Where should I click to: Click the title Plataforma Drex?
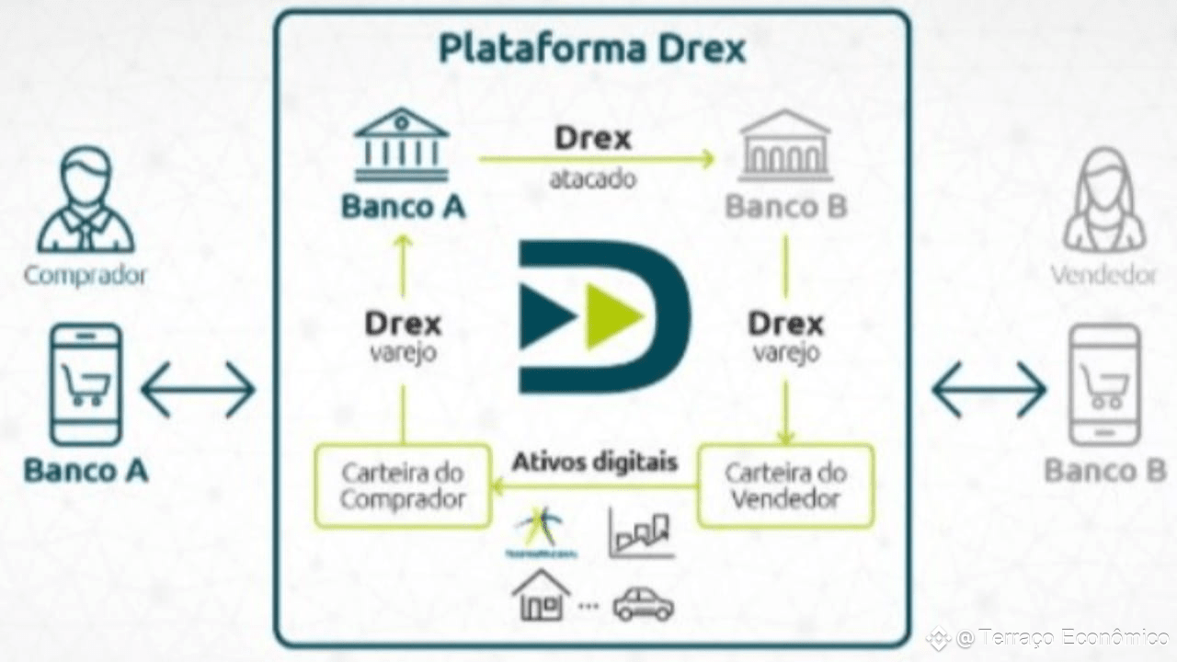click(x=592, y=48)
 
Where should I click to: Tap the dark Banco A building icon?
click(x=401, y=144)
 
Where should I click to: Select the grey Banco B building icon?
click(x=784, y=145)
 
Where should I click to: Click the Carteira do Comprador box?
click(x=403, y=486)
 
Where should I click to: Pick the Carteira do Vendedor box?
click(x=785, y=486)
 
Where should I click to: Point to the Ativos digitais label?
click(x=595, y=460)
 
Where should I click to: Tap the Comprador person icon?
click(x=86, y=201)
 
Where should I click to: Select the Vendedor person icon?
click(x=1103, y=201)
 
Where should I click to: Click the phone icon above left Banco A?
click(x=86, y=384)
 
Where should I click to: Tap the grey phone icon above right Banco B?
click(x=1104, y=384)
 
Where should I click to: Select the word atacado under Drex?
click(x=592, y=178)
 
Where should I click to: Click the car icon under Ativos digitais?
click(x=644, y=604)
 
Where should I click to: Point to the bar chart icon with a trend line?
click(x=642, y=533)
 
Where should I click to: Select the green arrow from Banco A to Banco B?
click(x=596, y=159)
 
